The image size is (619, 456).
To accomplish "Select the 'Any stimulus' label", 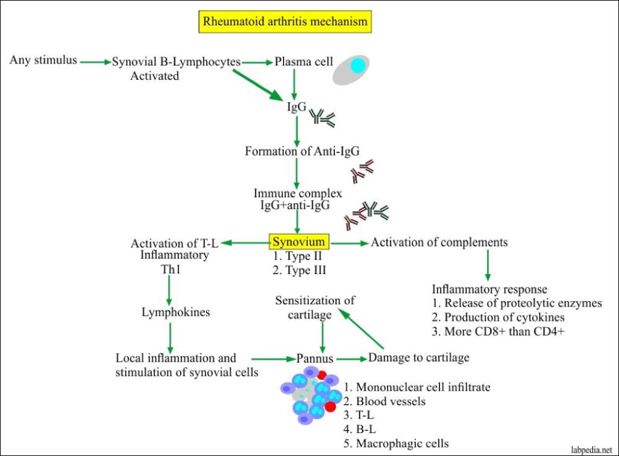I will [x=43, y=60].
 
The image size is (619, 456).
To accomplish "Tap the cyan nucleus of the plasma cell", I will [x=357, y=66].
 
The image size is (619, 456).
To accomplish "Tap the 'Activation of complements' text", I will [x=439, y=242].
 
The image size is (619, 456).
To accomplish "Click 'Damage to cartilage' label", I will [x=418, y=357].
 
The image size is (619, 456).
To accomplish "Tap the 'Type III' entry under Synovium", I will [x=299, y=270].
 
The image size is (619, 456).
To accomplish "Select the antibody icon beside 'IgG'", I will [x=323, y=117].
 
